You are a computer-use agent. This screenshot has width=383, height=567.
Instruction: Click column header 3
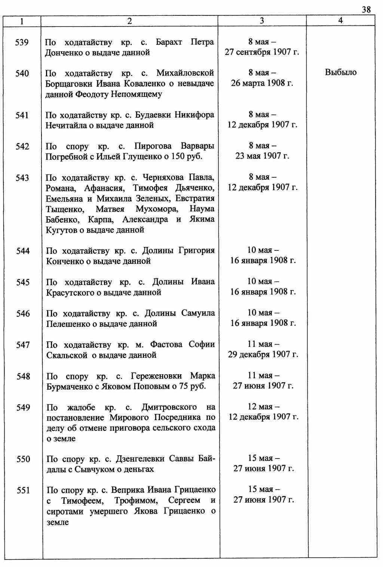coord(262,21)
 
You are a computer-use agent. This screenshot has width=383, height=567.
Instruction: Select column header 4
coord(340,21)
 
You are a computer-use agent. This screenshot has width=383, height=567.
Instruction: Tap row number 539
coord(22,42)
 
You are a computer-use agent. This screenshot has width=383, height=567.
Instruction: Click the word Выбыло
coord(341,72)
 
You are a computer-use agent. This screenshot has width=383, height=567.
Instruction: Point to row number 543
coord(22,178)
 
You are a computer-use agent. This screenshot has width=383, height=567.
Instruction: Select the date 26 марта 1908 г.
coord(262,83)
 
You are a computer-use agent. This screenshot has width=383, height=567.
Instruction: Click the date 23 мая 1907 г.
coord(262,156)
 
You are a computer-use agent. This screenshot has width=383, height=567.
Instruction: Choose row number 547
coord(23,345)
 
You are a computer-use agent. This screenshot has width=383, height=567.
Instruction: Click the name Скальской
coord(67,355)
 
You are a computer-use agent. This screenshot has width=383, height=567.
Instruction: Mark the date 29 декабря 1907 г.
coord(263,354)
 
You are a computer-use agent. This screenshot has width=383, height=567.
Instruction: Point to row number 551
coord(23,490)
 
